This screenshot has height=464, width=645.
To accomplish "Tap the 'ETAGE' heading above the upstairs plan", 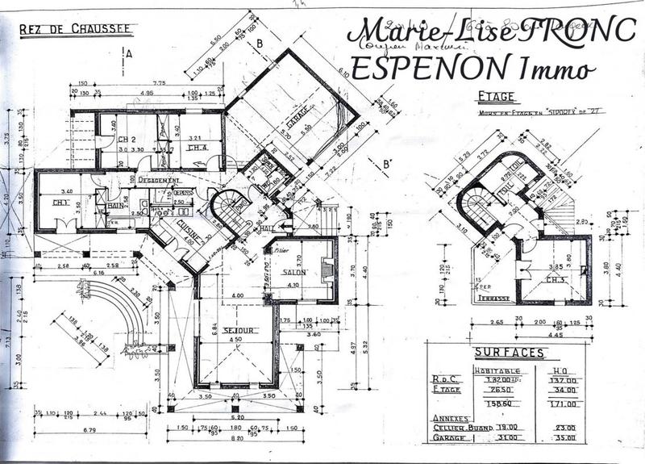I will click(x=496, y=97).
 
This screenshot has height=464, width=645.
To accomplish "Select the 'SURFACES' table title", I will click(x=509, y=353).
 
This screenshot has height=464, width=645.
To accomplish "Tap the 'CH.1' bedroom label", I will click(x=60, y=202).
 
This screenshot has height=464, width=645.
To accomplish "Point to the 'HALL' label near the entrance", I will click(x=267, y=228).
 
